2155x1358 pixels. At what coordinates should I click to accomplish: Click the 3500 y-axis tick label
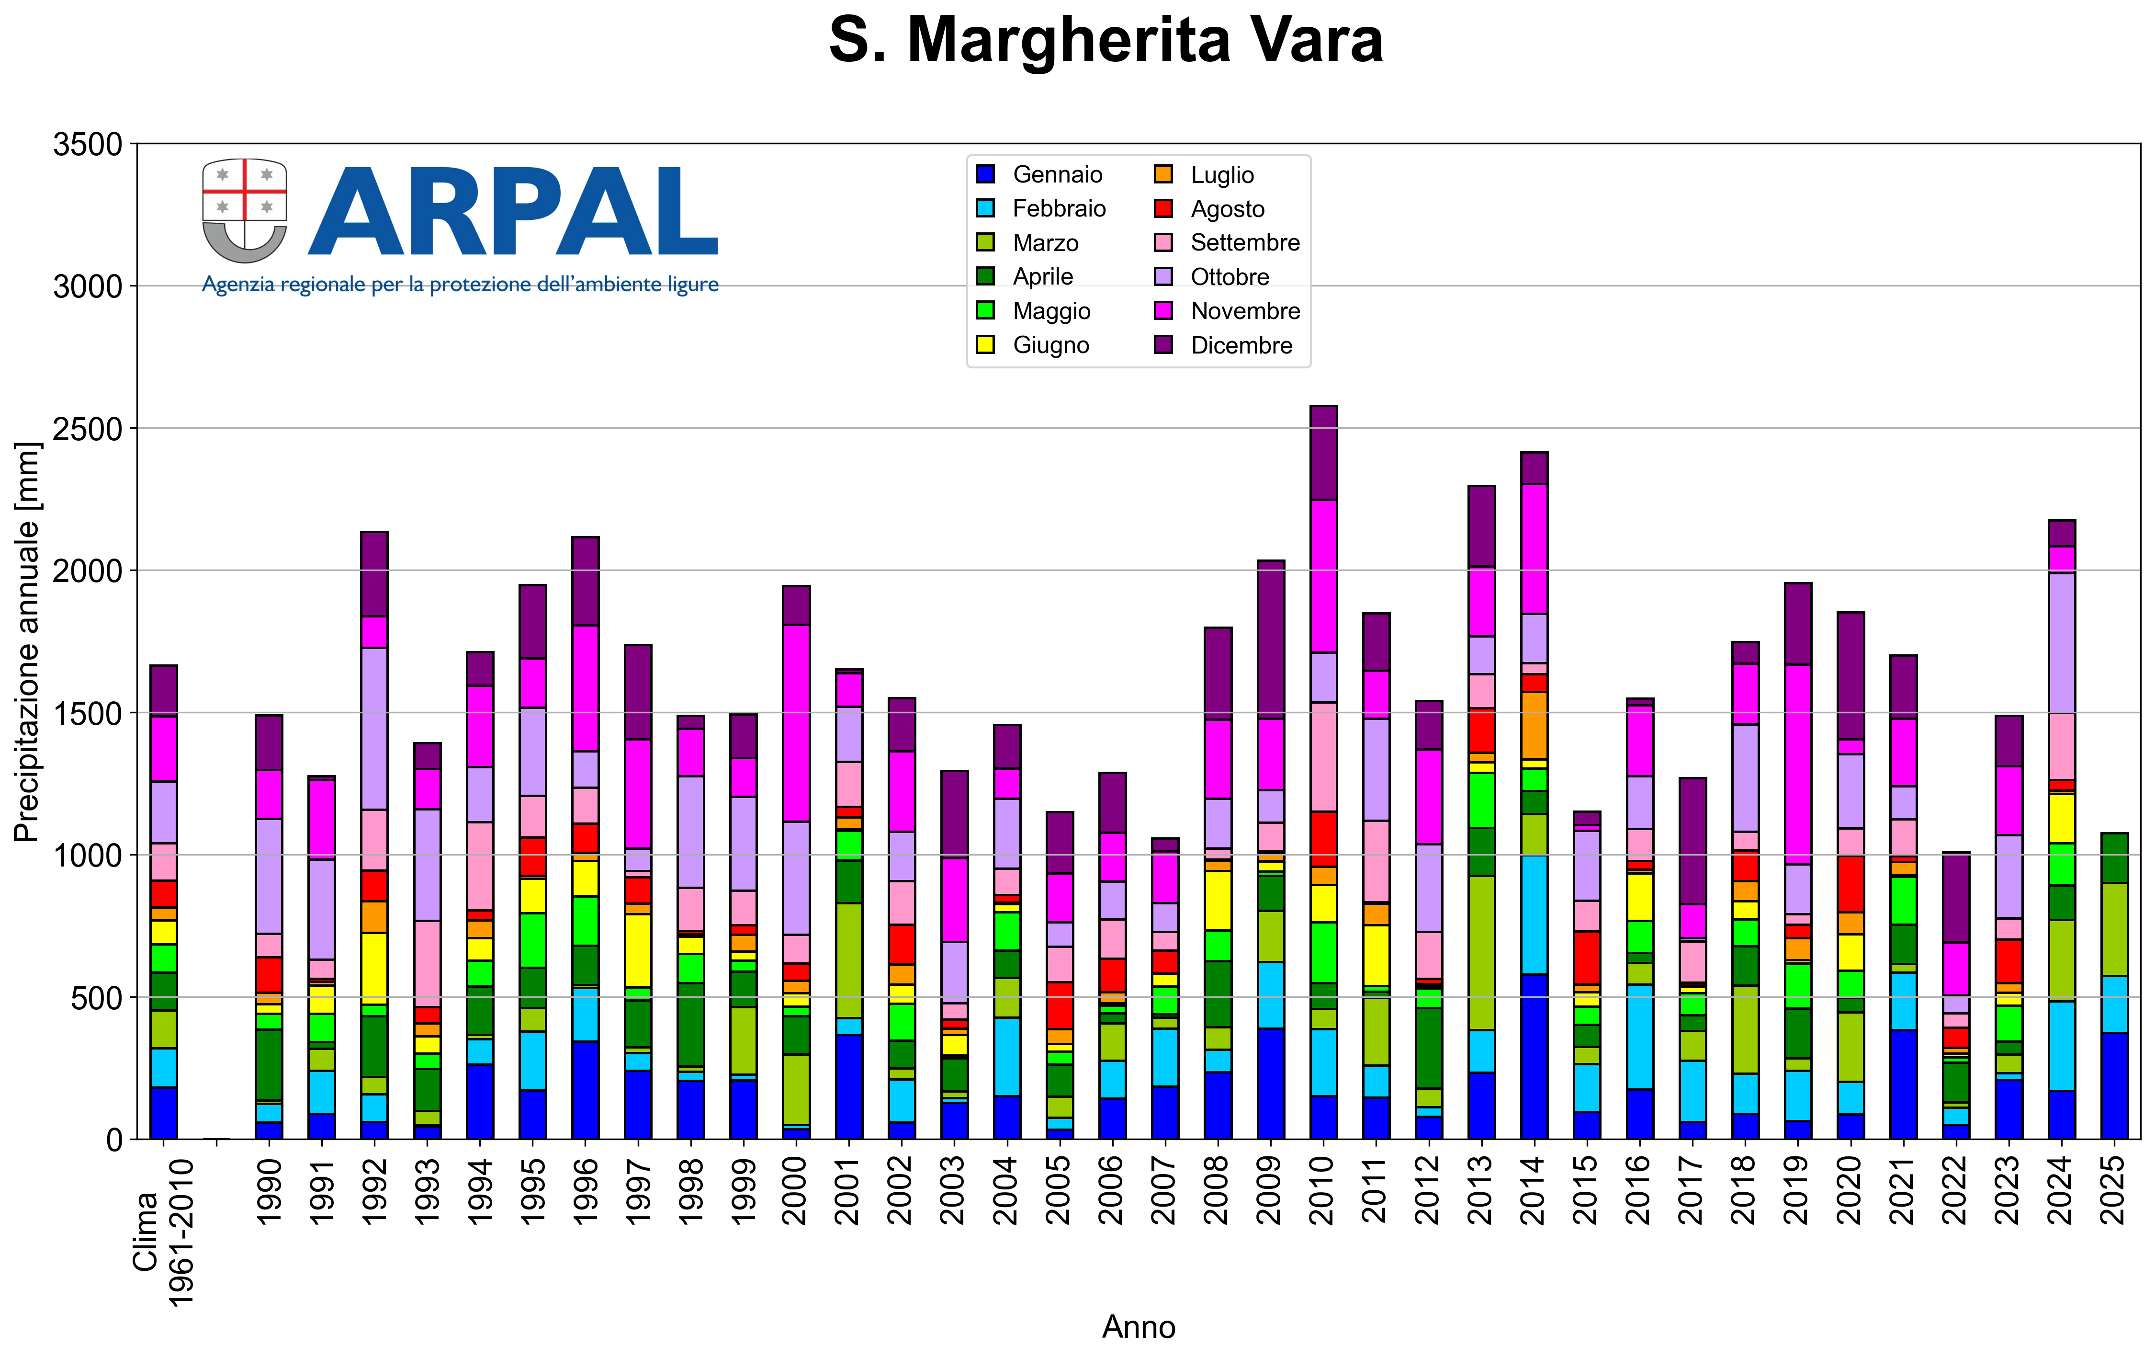point(88,144)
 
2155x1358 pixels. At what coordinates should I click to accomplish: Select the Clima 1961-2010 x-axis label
point(163,1232)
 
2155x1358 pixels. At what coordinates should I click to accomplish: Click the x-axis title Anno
point(1139,1327)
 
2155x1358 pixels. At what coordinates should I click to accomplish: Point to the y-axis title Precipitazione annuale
point(27,642)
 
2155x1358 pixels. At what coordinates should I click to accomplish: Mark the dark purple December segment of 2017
point(1692,842)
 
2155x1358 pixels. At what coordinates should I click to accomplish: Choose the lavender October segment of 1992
point(374,729)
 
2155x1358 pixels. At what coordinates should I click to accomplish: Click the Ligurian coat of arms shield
point(244,211)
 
